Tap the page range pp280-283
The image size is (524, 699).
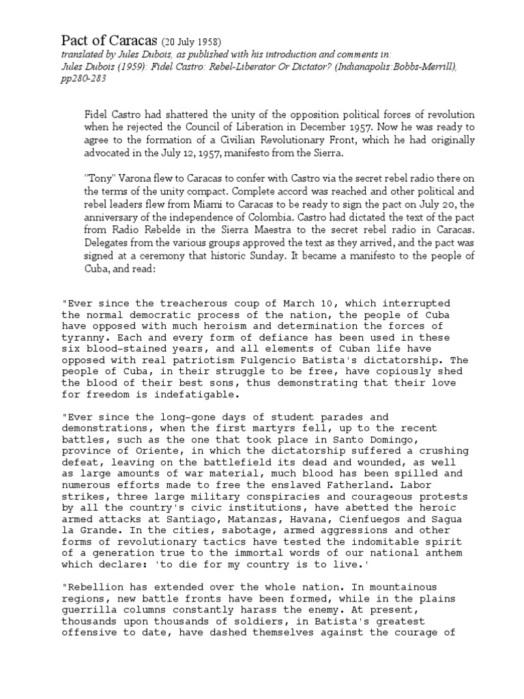(x=84, y=79)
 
